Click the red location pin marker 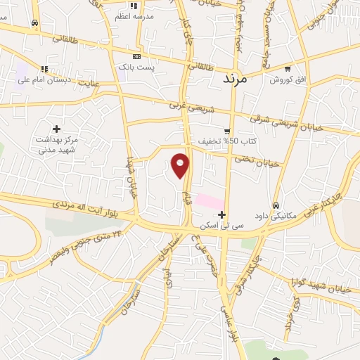(181, 165)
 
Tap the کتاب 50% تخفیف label (219, 141)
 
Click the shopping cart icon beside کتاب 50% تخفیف (226, 131)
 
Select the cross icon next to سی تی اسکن (222, 214)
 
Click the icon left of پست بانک (136, 57)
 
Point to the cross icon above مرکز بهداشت (56, 129)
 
